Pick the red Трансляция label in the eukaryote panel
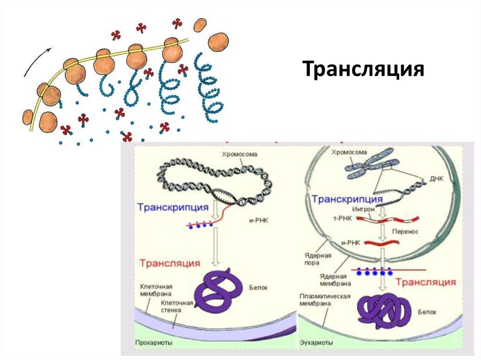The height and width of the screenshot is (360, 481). [425, 282]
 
